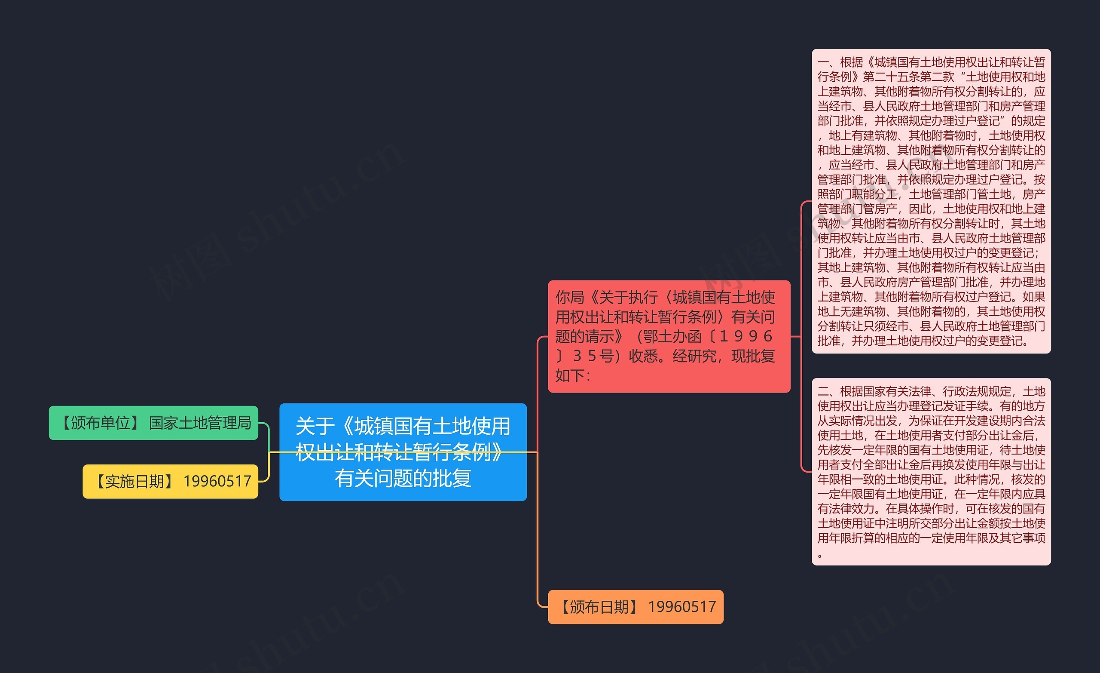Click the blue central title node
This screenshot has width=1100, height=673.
click(x=403, y=452)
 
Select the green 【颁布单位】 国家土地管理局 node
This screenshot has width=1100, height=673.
click(x=153, y=423)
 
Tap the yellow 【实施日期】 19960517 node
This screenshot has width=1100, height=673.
click(x=170, y=481)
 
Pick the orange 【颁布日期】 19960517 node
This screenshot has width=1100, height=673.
click(x=635, y=607)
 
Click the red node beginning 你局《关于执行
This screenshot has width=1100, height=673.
click(x=669, y=336)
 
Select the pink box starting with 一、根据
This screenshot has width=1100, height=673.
click(x=931, y=201)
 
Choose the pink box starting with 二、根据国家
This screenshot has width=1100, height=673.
click(x=931, y=471)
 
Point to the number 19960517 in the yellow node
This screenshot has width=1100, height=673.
click(x=217, y=481)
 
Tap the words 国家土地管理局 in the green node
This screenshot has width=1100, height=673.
click(x=200, y=423)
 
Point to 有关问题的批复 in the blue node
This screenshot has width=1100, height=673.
click(x=403, y=478)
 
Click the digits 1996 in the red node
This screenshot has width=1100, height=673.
click(x=746, y=336)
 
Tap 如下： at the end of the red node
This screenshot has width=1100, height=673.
click(x=573, y=375)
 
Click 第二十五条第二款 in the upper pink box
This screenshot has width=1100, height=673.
click(x=908, y=77)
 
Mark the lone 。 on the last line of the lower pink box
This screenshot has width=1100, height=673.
click(x=820, y=556)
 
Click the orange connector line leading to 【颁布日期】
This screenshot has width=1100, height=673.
click(x=538, y=536)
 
